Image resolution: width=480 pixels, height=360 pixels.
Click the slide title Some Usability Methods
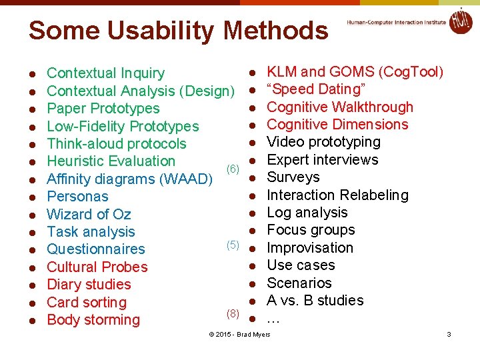pyautogui.click(x=178, y=31)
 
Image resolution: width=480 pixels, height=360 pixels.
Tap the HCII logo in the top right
pyautogui.click(x=460, y=21)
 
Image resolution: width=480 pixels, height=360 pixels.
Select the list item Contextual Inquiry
pyautogui.click(x=105, y=73)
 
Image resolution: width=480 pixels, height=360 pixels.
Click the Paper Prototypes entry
pyautogui.click(x=103, y=109)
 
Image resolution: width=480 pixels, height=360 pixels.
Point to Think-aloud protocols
pyautogui.click(x=117, y=144)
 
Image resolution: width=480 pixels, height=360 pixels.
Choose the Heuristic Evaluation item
pyautogui.click(x=111, y=161)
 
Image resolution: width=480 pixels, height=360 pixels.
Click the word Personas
pyautogui.click(x=77, y=197)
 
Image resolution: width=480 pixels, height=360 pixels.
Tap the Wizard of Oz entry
pyautogui.click(x=89, y=214)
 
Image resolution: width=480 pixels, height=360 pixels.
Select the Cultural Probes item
pyautogui.click(x=97, y=267)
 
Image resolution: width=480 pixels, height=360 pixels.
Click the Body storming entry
pyautogui.click(x=93, y=320)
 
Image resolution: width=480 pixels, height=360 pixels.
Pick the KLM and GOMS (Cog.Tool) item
pyautogui.click(x=355, y=72)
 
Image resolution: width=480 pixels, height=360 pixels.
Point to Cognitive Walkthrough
pyautogui.click(x=340, y=107)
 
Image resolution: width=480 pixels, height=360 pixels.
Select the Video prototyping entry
pyautogui.click(x=323, y=142)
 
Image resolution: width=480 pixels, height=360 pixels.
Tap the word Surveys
pyautogui.click(x=293, y=177)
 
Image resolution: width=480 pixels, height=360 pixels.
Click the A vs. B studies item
pyautogui.click(x=315, y=301)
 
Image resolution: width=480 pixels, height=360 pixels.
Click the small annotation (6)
pyautogui.click(x=233, y=169)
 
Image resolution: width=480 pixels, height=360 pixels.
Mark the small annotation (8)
pyautogui.click(x=233, y=313)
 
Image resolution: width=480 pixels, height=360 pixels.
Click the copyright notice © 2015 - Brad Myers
pyautogui.click(x=240, y=334)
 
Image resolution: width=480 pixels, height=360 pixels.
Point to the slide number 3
pyautogui.click(x=449, y=334)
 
